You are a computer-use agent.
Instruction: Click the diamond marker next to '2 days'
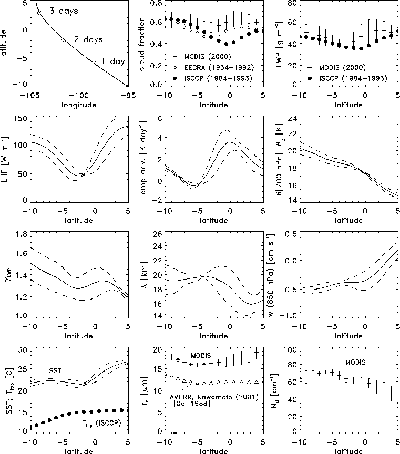point(65,39)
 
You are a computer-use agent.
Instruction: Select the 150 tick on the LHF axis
point(19,119)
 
